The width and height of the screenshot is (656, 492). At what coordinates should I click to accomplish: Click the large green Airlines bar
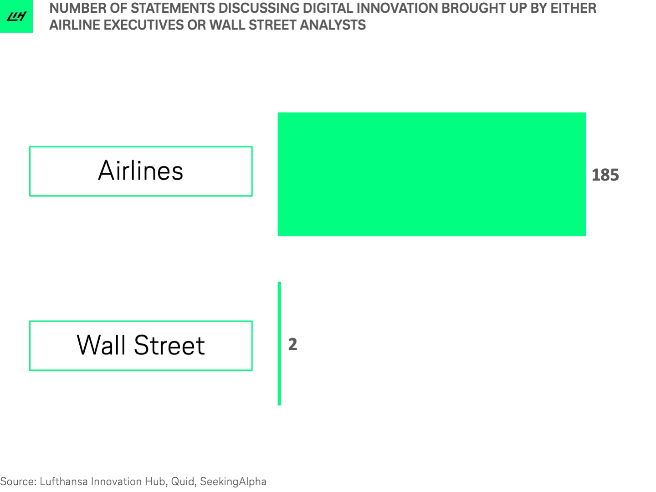[x=431, y=174]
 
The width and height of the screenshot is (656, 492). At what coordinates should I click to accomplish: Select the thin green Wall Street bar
[x=279, y=344]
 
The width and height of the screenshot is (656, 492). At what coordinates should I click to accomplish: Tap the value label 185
[x=605, y=175]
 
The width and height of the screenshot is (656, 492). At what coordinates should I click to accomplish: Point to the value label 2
[x=293, y=344]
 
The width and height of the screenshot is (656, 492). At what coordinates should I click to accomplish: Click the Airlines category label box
[x=141, y=171]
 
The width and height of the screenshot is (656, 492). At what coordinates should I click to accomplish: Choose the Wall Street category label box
[x=141, y=346]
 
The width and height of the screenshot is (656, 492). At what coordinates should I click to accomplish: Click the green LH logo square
[x=16, y=16]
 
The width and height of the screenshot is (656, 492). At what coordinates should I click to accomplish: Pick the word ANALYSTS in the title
[x=333, y=25]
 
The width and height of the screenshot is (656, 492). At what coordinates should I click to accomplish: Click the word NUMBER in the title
[x=78, y=8]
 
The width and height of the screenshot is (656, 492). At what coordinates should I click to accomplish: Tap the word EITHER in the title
[x=574, y=8]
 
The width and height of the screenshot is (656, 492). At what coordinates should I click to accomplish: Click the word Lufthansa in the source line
[x=64, y=481]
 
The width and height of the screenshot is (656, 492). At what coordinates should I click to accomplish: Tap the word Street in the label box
[x=169, y=345]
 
